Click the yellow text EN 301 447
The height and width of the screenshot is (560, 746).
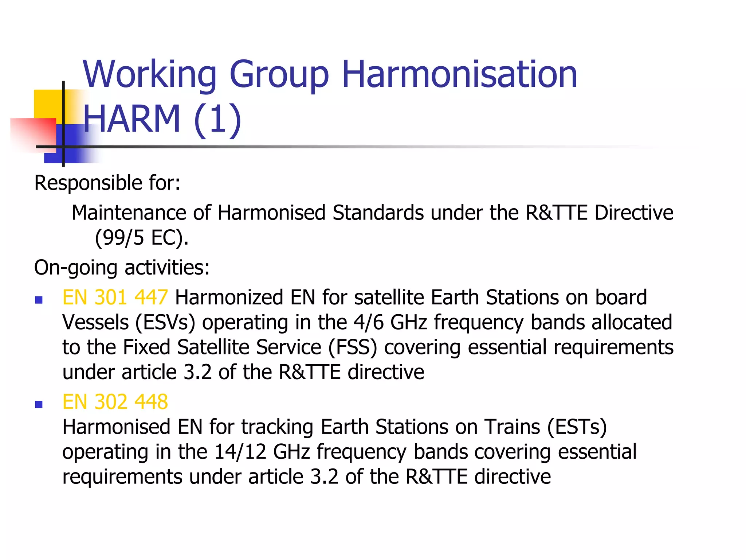pyautogui.click(x=115, y=297)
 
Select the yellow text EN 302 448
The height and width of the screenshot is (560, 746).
pyautogui.click(x=115, y=402)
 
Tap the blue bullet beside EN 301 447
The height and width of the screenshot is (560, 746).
pyautogui.click(x=39, y=300)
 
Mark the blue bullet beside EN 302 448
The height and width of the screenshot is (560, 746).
pyautogui.click(x=39, y=404)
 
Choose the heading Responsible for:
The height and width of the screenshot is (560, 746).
pyautogui.click(x=107, y=183)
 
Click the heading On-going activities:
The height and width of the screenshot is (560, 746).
pyautogui.click(x=122, y=268)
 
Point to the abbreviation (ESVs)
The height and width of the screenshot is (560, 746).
pyautogui.click(x=165, y=323)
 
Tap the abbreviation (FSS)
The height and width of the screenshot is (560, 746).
pyautogui.click(x=352, y=347)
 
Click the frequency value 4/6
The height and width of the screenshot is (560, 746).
pyautogui.click(x=369, y=323)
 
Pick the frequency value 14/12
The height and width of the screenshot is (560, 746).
pyautogui.click(x=240, y=452)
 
